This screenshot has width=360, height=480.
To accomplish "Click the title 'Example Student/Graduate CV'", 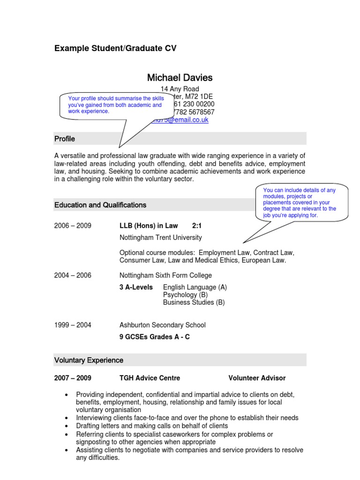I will [x=115, y=48].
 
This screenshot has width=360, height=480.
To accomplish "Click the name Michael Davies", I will [x=180, y=77].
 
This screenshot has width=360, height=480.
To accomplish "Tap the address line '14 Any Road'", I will [x=180, y=89].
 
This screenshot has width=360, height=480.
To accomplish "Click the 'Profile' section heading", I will [x=65, y=139].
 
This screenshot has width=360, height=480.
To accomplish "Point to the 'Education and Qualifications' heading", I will [x=100, y=205].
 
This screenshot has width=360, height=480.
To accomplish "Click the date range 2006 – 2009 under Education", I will [x=73, y=225].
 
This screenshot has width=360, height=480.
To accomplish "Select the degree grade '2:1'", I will [x=197, y=225].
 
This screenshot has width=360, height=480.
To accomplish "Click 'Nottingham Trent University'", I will [x=161, y=237].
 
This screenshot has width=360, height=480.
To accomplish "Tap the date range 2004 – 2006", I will [x=73, y=275].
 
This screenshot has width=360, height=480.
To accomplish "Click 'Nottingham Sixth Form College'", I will [x=165, y=275].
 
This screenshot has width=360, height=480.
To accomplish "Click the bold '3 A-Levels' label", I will [x=136, y=287].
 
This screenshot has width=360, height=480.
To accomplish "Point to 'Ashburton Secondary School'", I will [x=162, y=325].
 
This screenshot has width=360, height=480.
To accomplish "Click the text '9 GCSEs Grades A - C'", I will [x=155, y=337].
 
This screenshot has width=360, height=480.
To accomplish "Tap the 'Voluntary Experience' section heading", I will [x=89, y=360].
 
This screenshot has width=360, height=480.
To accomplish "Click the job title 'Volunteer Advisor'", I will [x=257, y=378].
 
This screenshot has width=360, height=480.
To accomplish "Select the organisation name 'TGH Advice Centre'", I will [x=150, y=378].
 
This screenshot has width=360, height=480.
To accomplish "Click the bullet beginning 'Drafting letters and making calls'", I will [x=152, y=426].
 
